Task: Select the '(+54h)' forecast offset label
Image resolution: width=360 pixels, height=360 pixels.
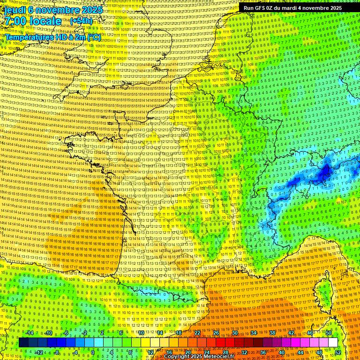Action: [x=81, y=21]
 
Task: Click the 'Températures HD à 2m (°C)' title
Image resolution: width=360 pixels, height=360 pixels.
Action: [x=53, y=37]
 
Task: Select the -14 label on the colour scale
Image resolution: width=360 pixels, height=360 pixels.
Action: [x=30, y=333]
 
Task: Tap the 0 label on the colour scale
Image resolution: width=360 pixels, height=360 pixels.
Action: [x=92, y=352]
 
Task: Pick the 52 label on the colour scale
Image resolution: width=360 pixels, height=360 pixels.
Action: [x=338, y=352]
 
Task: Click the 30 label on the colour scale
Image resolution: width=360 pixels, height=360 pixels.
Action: [x=234, y=333]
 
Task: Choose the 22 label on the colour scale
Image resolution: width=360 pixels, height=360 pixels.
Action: [x=197, y=333]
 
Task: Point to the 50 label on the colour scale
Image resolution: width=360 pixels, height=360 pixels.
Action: [x=328, y=333]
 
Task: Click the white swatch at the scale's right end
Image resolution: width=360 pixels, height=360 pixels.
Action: [x=333, y=343]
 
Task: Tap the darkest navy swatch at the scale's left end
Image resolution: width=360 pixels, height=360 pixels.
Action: [x=23, y=343]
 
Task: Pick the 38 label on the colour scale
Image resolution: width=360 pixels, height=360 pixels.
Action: [x=272, y=333]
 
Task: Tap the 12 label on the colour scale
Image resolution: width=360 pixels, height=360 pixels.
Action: [x=150, y=352]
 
